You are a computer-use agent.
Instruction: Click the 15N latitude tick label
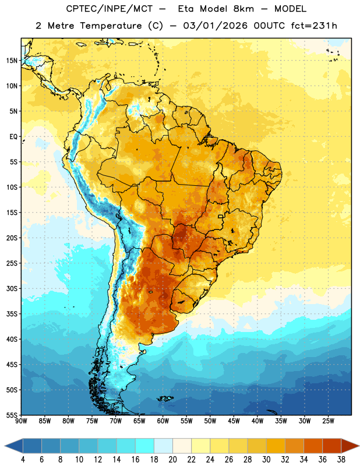12,61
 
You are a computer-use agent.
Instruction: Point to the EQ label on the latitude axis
13,137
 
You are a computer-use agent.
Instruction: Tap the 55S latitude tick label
12,415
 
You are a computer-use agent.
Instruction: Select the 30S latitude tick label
12,288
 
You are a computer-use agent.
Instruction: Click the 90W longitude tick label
21,421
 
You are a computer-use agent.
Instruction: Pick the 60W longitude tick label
163,421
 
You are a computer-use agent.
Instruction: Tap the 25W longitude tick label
328,421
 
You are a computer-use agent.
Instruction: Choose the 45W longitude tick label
234,421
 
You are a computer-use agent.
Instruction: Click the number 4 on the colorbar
23,460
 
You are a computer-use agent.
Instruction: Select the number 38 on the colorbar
341,460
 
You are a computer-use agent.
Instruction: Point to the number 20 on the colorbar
172,460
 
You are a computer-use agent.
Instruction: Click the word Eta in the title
185,9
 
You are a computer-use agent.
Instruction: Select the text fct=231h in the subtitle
314,26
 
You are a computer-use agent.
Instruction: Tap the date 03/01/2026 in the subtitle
215,26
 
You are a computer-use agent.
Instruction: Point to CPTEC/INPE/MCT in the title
109,9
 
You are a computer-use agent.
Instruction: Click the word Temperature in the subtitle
111,26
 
